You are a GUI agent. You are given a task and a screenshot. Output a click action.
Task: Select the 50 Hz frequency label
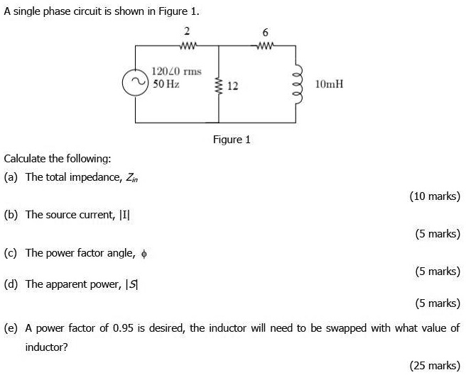click(166, 84)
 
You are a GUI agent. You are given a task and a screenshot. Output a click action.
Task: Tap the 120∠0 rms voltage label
click(175, 72)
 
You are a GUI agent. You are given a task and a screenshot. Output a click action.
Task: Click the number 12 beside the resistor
click(232, 86)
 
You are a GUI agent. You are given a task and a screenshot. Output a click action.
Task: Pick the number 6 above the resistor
click(265, 33)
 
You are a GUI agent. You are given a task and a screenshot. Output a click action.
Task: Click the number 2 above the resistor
click(187, 31)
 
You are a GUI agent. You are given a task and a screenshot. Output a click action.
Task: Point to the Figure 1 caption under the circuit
click(232, 140)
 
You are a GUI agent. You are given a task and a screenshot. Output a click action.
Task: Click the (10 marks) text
click(435, 196)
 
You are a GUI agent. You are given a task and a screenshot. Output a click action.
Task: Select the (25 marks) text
click(435, 365)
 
